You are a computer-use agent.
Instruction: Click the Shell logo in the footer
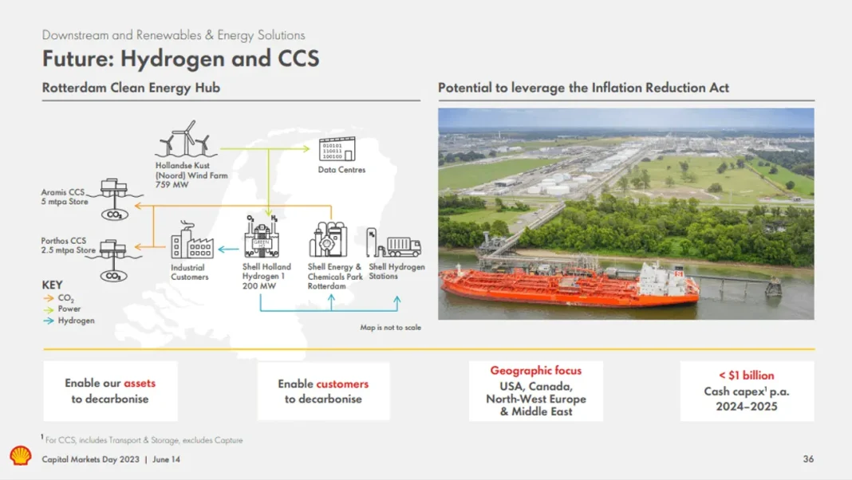21,455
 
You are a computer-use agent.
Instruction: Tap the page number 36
808,458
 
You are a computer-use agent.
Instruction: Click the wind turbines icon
185,139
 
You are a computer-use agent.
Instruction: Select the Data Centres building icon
337,149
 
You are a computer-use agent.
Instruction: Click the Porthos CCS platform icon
113,261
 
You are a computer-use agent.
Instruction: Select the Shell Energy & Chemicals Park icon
328,239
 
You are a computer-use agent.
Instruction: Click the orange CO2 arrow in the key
49,298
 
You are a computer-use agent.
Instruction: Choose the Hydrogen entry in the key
69,321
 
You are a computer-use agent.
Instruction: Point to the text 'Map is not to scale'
390,328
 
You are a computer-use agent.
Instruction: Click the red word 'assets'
140,383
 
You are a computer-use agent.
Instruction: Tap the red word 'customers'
342,384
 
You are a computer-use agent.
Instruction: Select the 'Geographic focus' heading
536,370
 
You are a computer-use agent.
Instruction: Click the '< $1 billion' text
747,376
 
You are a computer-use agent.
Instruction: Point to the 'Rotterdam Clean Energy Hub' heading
131,88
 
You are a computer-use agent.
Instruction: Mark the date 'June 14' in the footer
166,459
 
